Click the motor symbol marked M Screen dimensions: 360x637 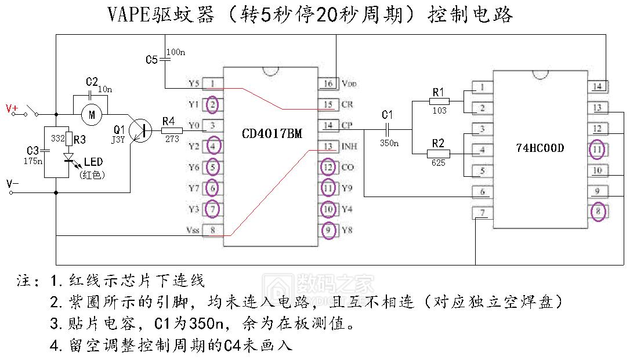(x=91, y=115)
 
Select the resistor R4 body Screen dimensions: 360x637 (x=171, y=132)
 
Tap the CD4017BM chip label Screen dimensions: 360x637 (x=272, y=134)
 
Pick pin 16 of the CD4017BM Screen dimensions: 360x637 (x=328, y=84)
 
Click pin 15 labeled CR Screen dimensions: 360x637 (x=328, y=105)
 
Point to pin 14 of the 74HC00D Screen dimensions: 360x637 (x=597, y=87)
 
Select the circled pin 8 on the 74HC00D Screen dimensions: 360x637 (x=597, y=212)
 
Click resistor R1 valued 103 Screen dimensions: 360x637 (x=439, y=101)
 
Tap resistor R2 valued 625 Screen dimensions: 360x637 (x=438, y=154)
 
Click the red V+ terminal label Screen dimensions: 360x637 (x=12, y=108)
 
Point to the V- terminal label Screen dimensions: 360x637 (x=12, y=184)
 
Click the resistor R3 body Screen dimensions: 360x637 (x=69, y=139)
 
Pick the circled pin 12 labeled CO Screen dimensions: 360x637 (x=328, y=168)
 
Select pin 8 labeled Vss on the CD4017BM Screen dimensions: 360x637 (x=213, y=230)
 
